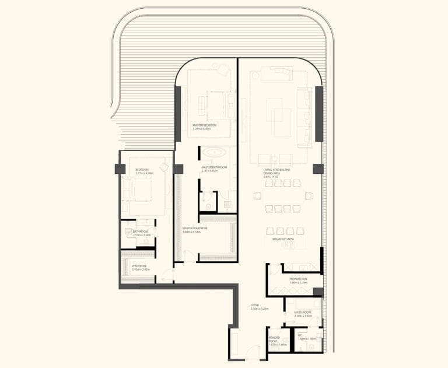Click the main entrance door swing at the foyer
pos(253,352)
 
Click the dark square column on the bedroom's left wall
pos(120,169)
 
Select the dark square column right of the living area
pos(318,169)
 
